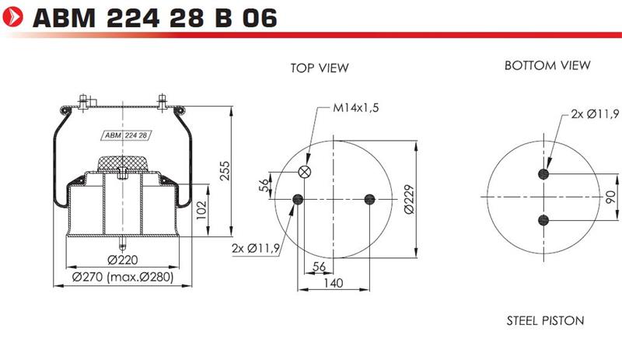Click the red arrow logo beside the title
12,16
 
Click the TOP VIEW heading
320,68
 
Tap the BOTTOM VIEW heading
547,65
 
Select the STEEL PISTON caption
546,320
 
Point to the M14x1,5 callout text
356,107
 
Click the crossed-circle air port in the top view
304,172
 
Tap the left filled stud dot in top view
298,199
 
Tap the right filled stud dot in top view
370,199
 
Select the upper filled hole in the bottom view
543,174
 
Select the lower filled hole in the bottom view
543,220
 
